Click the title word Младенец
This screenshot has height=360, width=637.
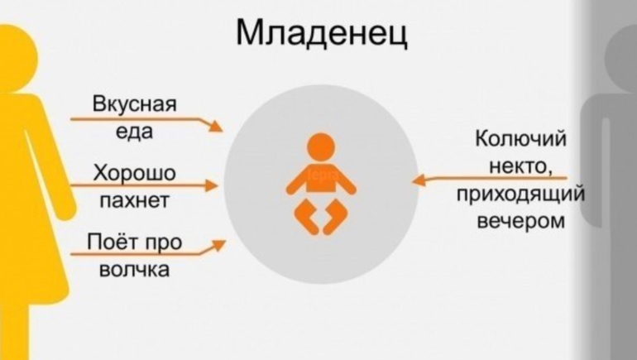click(x=321, y=32)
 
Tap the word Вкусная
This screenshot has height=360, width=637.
click(x=135, y=103)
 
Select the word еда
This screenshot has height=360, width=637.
click(x=135, y=132)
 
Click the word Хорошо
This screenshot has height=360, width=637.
click(x=135, y=173)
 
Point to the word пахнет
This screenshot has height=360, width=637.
click(x=135, y=200)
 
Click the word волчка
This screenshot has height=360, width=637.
click(x=135, y=270)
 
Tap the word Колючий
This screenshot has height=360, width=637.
click(x=520, y=139)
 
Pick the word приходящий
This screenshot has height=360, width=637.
click(x=520, y=194)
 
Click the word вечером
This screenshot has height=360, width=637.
click(x=520, y=222)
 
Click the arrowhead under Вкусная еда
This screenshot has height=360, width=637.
click(x=215, y=126)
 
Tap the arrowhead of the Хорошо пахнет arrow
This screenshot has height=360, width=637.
click(x=211, y=185)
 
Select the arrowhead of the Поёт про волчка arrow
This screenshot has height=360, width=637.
click(x=218, y=246)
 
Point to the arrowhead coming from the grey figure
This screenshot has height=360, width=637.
click(x=419, y=180)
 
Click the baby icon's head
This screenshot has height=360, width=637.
click(x=321, y=147)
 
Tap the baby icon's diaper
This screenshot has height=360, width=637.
click(x=321, y=216)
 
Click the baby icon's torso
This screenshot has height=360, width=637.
click(x=321, y=179)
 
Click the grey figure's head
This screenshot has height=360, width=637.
click(x=621, y=57)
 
